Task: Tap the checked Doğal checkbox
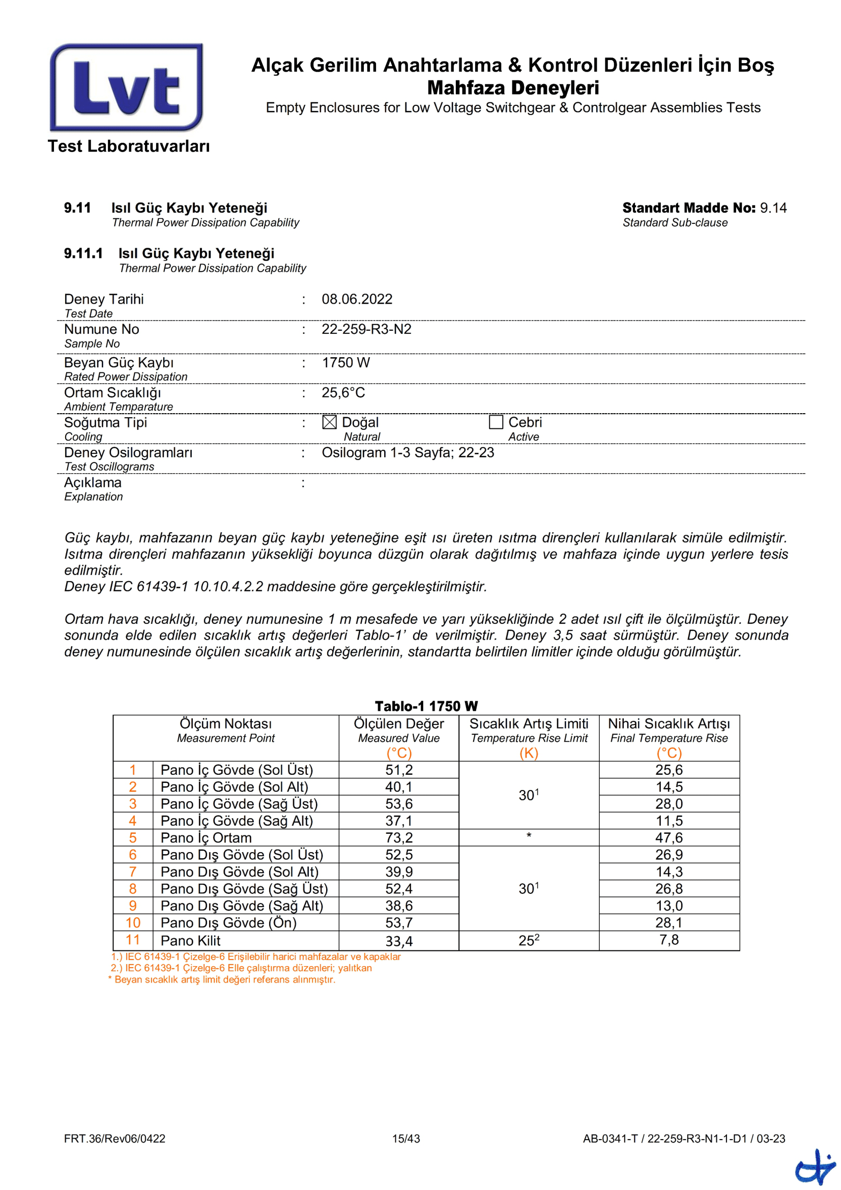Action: [329, 422]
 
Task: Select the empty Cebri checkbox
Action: [496, 422]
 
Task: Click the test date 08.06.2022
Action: [357, 299]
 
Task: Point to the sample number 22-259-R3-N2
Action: [366, 329]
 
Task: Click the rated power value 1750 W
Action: [345, 362]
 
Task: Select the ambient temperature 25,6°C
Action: [343, 392]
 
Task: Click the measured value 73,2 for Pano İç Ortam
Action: [398, 837]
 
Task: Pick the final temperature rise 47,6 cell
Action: [669, 837]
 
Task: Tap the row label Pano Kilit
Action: [190, 941]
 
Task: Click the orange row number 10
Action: [133, 922]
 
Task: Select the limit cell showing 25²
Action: [529, 941]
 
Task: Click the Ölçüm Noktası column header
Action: [225, 724]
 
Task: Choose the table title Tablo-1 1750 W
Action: [426, 707]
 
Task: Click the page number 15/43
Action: [405, 1139]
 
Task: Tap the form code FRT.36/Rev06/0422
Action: [114, 1139]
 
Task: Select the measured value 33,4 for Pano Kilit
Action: [398, 941]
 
